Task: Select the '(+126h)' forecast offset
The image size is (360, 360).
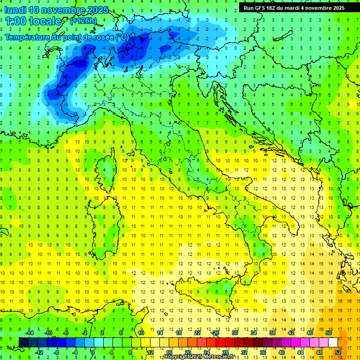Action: click(83, 21)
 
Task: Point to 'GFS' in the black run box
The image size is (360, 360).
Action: click(262, 7)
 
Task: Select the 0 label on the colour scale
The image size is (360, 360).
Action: click(93, 352)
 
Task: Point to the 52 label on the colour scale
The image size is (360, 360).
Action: click(338, 352)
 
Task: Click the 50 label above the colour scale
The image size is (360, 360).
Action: click(329, 333)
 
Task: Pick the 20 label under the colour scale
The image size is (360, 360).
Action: click(187, 352)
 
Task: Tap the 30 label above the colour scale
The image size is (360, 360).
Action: click(234, 333)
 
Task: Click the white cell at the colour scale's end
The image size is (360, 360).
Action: click(333, 343)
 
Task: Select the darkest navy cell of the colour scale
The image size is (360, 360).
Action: click(23, 343)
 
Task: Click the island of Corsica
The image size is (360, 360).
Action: click(109, 169)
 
